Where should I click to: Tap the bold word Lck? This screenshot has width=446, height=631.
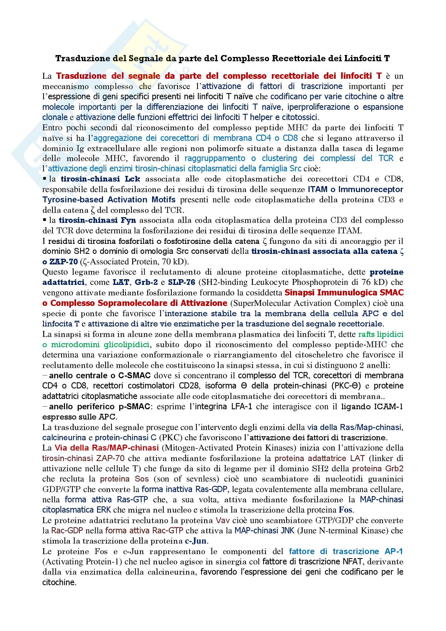click(132, 179)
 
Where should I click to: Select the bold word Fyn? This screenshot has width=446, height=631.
click(128, 220)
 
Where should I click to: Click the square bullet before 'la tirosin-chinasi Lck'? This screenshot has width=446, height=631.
click(44, 179)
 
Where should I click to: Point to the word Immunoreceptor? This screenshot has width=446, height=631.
click(371, 189)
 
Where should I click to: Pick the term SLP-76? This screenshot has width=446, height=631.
click(181, 282)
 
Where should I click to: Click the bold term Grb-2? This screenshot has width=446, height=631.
click(146, 282)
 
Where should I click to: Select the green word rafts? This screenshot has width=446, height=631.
click(366, 335)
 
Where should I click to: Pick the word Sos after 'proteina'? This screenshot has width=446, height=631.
click(142, 479)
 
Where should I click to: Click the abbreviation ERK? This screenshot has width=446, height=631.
click(104, 510)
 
